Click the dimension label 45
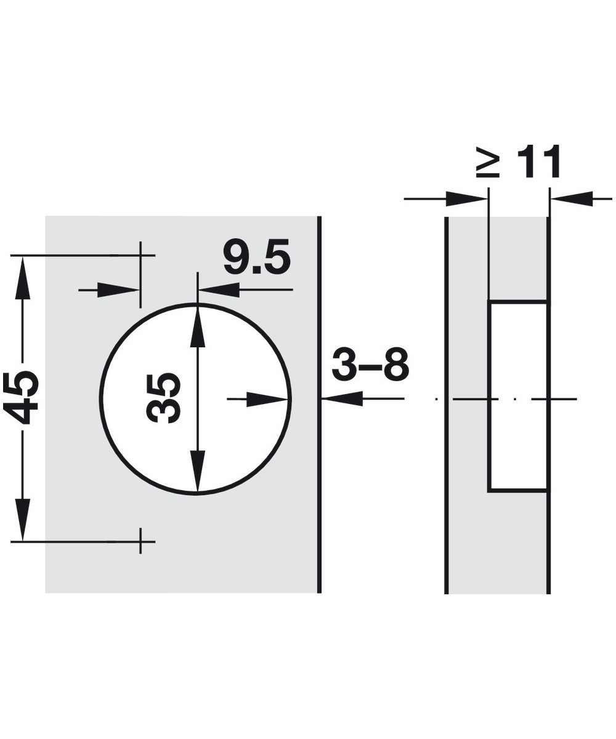20,397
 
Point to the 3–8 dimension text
370,363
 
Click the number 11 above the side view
538,161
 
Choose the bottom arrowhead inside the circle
198,470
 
